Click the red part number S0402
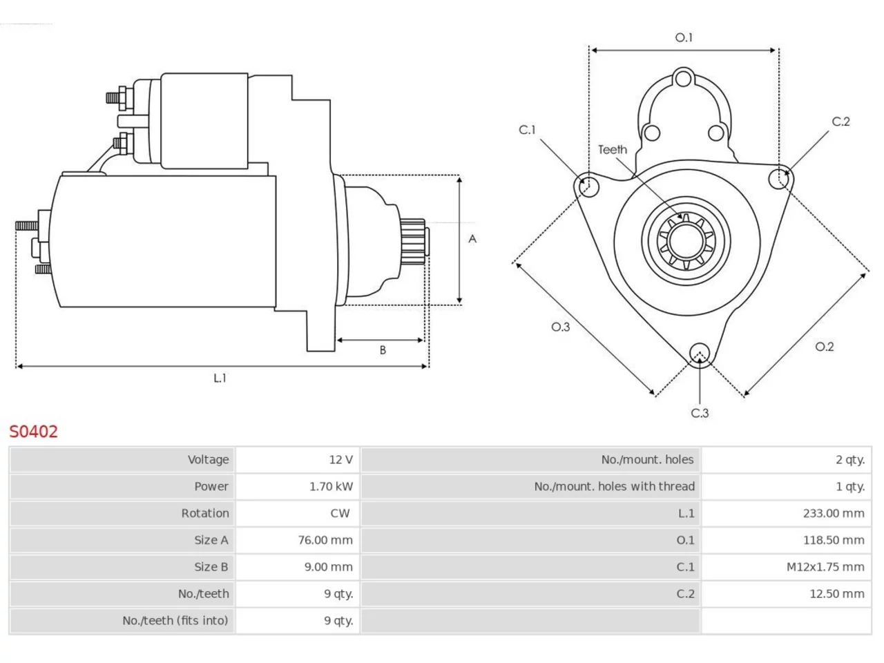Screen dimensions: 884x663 click(33, 432)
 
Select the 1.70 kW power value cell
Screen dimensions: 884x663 click(331, 486)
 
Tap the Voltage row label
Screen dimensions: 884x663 click(208, 459)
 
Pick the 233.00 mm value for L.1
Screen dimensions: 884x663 click(834, 513)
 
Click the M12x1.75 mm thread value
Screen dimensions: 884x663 click(825, 567)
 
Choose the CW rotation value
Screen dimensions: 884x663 click(340, 513)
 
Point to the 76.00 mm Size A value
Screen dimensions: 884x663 click(325, 540)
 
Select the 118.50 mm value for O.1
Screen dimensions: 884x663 click(834, 540)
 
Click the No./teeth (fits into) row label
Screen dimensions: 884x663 click(175, 620)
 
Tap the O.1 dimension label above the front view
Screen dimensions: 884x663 click(684, 37)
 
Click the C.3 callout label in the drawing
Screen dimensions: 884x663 click(700, 413)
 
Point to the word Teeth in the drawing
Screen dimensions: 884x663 click(613, 150)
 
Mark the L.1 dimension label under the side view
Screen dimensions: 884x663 click(220, 378)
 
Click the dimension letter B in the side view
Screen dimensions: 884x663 click(383, 350)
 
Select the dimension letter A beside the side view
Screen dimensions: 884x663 click(472, 239)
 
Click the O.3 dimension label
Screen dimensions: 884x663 click(560, 327)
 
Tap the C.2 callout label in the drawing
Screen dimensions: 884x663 click(841, 122)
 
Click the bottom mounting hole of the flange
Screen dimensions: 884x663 click(700, 353)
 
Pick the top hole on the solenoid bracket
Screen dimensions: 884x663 click(684, 79)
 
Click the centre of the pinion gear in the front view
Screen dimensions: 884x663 click(686, 241)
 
